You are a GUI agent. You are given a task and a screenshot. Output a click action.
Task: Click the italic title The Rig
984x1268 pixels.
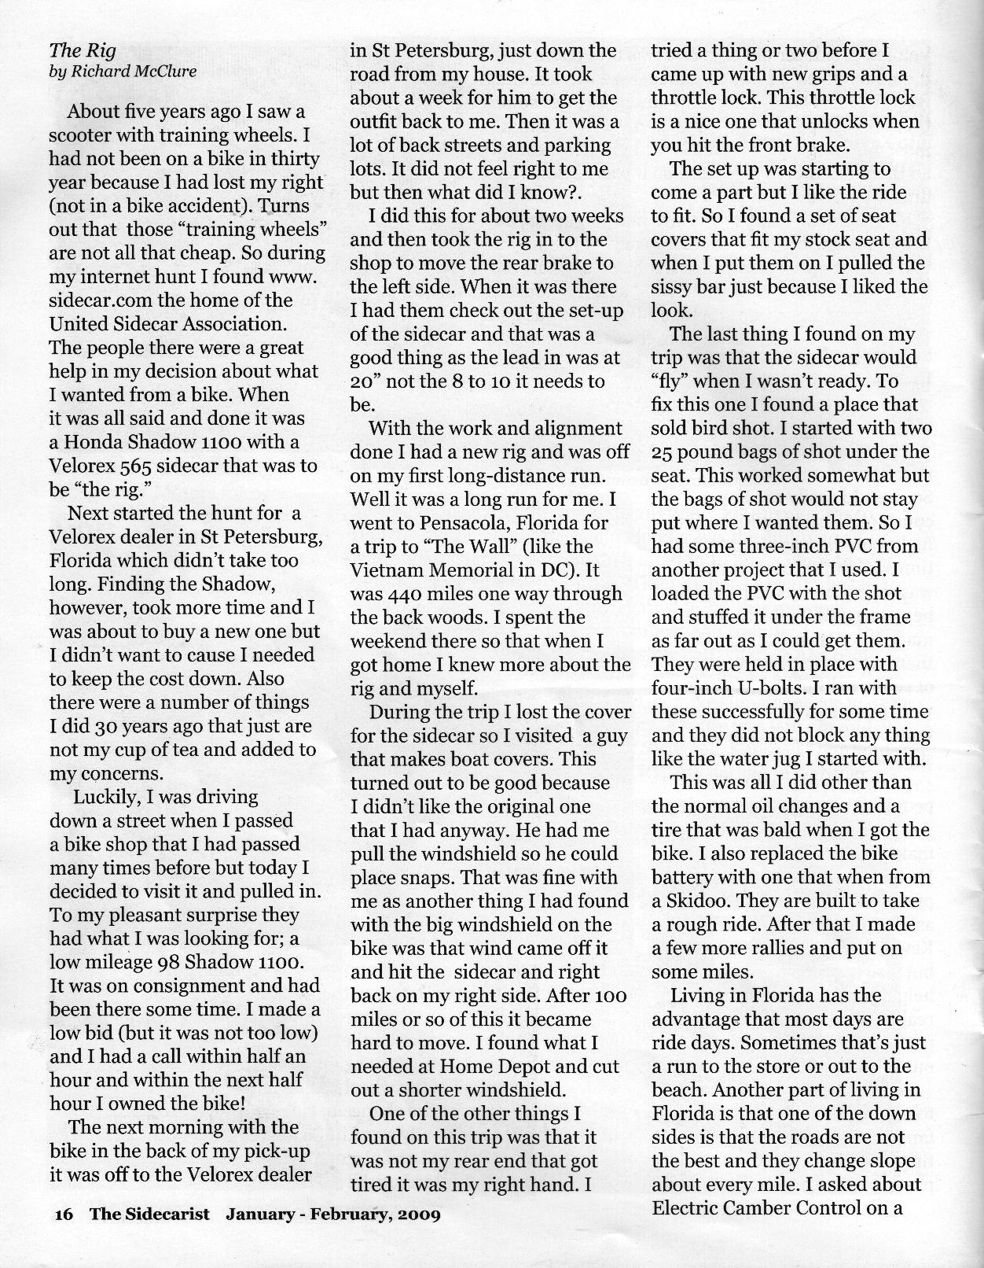83,51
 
